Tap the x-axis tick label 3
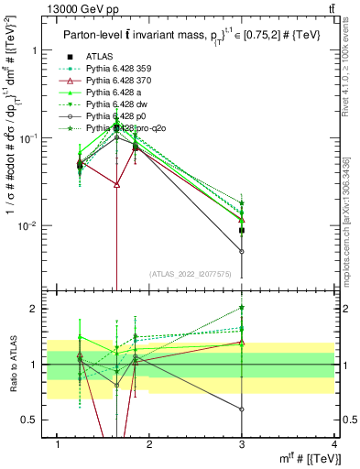coord(242,444)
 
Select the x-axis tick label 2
coord(150,444)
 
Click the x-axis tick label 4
coord(333,444)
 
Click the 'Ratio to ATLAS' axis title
coord(11,365)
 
